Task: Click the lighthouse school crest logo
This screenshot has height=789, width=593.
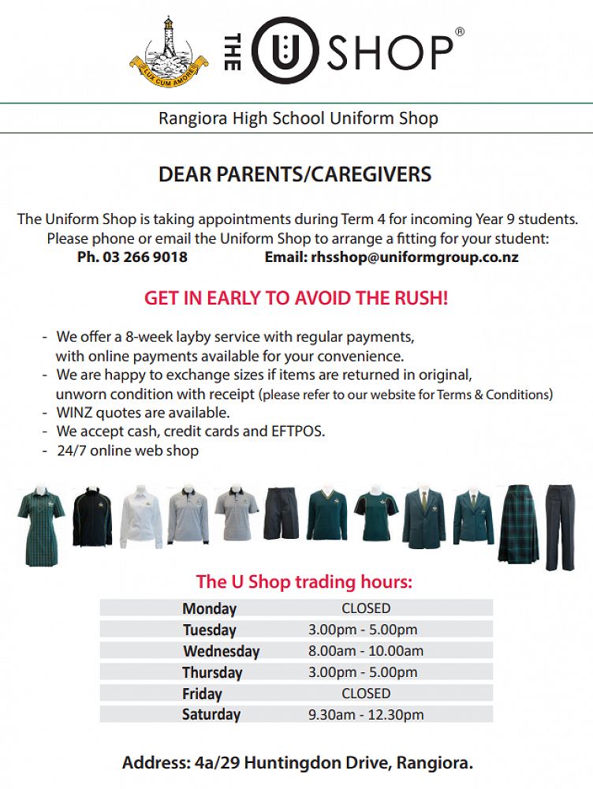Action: coord(168,50)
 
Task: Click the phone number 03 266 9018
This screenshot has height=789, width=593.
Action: coord(144,257)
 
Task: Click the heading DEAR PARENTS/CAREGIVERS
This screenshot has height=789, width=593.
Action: coord(296,174)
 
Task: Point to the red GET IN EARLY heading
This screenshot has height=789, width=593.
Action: coord(296,299)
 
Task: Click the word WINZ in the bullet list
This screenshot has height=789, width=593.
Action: coord(75,413)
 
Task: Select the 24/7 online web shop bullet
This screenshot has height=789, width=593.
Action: coord(127,451)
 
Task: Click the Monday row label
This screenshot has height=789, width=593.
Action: coord(209,608)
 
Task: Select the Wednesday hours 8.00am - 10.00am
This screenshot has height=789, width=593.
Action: coord(366,651)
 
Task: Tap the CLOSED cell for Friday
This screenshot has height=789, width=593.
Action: coord(366,694)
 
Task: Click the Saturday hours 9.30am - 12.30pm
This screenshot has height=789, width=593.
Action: coord(366,715)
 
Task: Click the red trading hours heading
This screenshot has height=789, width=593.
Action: coord(304,582)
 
